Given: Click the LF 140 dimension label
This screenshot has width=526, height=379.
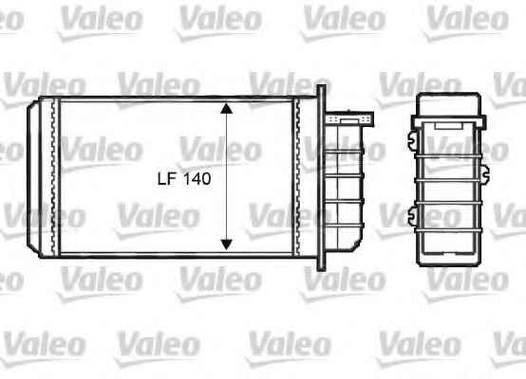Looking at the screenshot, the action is [x=184, y=179].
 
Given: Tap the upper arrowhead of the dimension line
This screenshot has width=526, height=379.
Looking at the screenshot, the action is [x=227, y=108].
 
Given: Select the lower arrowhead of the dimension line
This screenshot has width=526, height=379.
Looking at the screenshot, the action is [x=227, y=244].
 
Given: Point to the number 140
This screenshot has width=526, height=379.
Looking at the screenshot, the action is [x=197, y=179].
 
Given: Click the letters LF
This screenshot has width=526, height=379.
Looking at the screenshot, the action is [x=167, y=179].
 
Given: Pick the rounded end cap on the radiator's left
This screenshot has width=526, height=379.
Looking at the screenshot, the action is [x=32, y=176].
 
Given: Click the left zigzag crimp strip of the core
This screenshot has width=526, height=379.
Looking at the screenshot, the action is [x=53, y=176].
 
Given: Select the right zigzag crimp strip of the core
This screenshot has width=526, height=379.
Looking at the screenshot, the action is [x=296, y=176].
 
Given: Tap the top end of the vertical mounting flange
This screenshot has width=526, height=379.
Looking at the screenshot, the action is [x=321, y=85].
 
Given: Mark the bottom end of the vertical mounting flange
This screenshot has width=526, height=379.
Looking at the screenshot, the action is [x=321, y=269].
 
